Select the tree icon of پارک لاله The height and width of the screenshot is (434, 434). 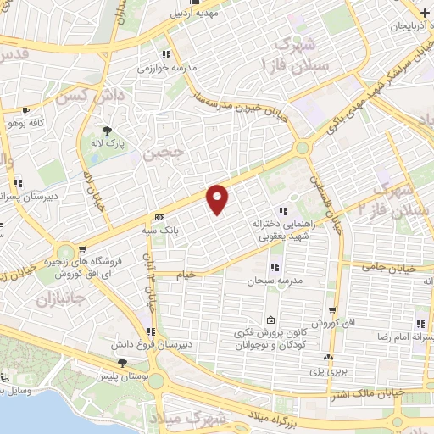(x=108, y=130)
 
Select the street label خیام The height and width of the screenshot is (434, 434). (x=186, y=275)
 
